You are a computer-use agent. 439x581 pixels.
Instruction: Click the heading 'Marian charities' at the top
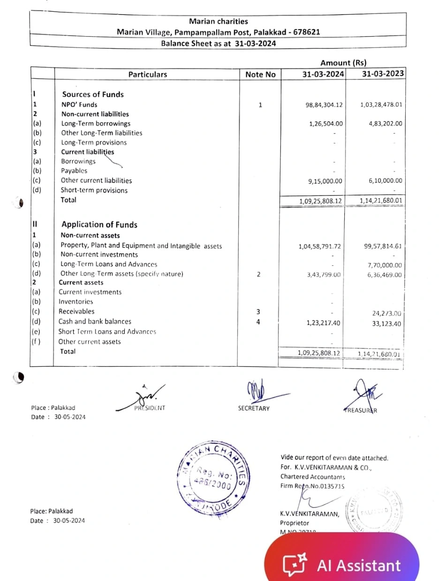point(218,21)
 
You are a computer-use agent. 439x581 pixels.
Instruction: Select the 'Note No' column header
point(260,75)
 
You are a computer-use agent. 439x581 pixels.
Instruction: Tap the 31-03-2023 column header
point(383,74)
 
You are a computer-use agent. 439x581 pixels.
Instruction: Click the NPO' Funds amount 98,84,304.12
point(324,105)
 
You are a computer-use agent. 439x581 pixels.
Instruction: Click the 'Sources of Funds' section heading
point(93,94)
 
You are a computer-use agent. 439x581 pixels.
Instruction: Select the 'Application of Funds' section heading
point(99,225)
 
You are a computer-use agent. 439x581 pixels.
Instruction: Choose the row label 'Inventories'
point(76,302)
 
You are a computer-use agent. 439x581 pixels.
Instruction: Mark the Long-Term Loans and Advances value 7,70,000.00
point(385,265)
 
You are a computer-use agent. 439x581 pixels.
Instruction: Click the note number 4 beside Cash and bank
point(258,322)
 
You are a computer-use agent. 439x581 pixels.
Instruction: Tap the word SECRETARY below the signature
point(254,408)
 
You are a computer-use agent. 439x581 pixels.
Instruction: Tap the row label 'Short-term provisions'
point(94,190)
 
